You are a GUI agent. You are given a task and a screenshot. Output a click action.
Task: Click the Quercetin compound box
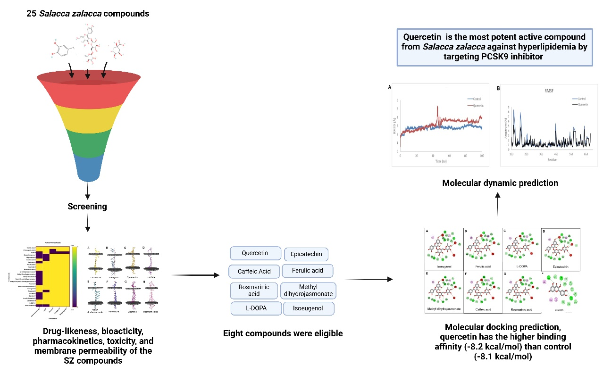(255, 253)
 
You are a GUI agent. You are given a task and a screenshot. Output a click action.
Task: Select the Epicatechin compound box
(306, 255)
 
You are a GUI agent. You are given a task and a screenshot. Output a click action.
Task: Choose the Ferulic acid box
(307, 271)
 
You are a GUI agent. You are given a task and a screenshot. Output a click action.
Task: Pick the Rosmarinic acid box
(253, 290)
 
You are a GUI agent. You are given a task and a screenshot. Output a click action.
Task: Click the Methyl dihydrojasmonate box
(308, 291)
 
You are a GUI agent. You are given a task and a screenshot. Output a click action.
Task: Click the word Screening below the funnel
(87, 207)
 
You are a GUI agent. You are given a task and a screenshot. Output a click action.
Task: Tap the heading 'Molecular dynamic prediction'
(500, 183)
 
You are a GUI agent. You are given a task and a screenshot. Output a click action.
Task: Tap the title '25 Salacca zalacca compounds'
(88, 14)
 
